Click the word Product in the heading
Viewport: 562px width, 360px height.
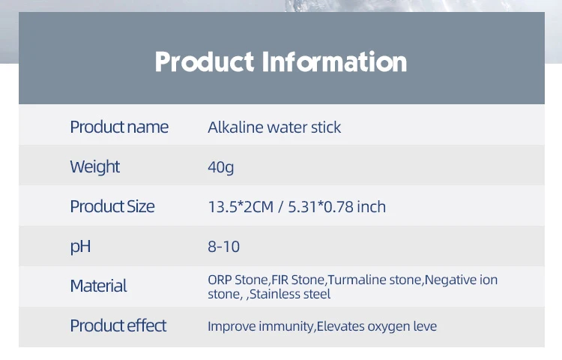click(205, 61)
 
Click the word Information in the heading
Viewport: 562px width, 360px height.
click(334, 61)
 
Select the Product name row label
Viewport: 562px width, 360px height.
click(119, 127)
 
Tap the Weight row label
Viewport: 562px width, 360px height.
click(94, 167)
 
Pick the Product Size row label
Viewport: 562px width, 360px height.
click(112, 206)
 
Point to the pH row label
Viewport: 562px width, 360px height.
click(80, 247)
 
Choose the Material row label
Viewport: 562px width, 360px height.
click(99, 286)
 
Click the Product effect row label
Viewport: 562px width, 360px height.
click(118, 326)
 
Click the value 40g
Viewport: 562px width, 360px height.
click(221, 167)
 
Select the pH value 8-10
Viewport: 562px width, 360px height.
click(223, 247)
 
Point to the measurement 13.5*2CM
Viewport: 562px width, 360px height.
click(241, 207)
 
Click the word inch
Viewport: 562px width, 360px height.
click(372, 207)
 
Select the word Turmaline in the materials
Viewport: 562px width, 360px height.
click(356, 280)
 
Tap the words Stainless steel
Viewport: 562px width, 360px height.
click(289, 294)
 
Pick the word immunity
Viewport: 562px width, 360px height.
click(286, 327)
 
